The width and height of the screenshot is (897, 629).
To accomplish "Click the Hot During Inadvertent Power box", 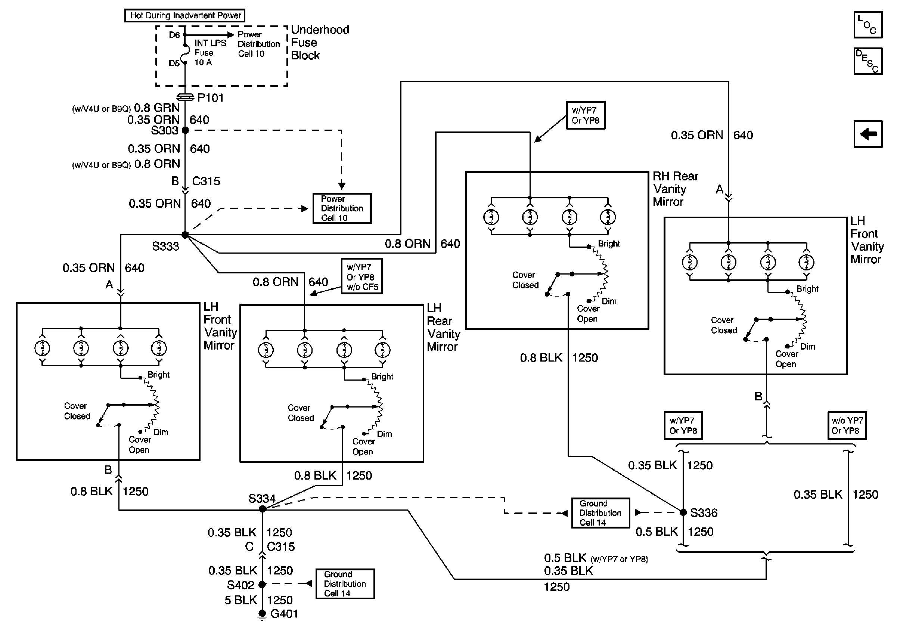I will pyautogui.click(x=185, y=16).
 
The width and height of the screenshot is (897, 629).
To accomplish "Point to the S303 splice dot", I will pyautogui.click(x=186, y=130).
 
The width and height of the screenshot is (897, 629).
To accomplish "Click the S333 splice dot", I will pyautogui.click(x=185, y=235).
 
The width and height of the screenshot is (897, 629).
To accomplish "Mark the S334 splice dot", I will pyautogui.click(x=263, y=509).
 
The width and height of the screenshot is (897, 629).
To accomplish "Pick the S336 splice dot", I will pyautogui.click(x=683, y=512).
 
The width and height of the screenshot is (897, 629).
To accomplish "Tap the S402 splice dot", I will pyautogui.click(x=263, y=585).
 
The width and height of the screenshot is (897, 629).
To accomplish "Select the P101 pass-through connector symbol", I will pyautogui.click(x=185, y=97).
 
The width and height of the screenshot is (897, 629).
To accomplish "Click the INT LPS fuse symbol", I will pyautogui.click(x=185, y=54).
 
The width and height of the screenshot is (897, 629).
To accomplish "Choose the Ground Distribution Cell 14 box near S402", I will pyautogui.click(x=345, y=584).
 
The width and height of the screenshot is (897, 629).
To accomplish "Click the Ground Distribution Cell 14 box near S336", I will pyautogui.click(x=600, y=513).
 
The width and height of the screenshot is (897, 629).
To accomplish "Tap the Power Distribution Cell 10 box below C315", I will pyautogui.click(x=342, y=208).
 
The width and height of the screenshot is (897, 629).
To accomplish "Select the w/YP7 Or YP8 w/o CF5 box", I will pyautogui.click(x=361, y=276).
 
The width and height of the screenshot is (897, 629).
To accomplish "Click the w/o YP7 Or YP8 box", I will pyautogui.click(x=847, y=425).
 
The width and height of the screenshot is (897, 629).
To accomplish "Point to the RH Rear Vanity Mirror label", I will pyautogui.click(x=675, y=189).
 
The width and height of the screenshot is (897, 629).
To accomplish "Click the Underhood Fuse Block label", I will pyautogui.click(x=320, y=43).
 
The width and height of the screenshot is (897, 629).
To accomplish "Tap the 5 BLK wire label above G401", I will pyautogui.click(x=240, y=600).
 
